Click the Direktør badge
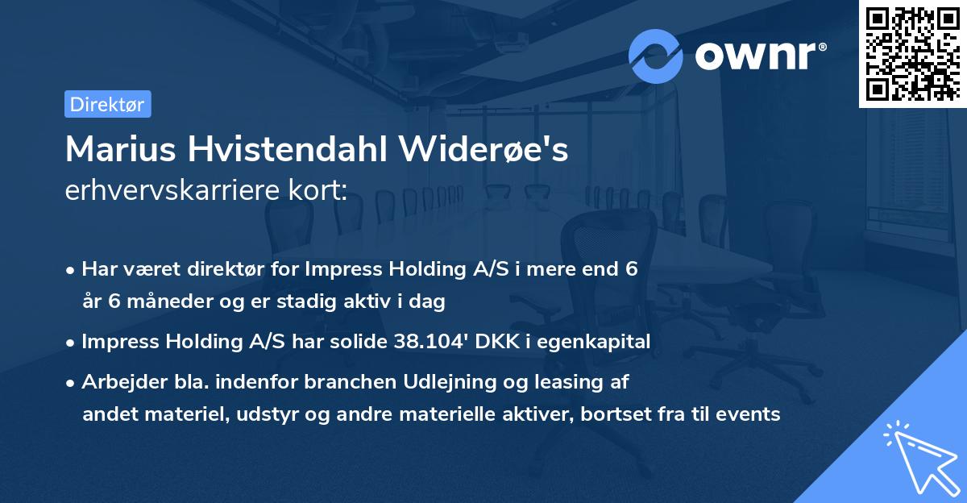(108, 104)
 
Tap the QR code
(912, 54)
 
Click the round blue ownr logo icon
(655, 56)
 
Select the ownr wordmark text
(760, 56)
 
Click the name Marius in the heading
(120, 149)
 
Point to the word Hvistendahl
(287, 149)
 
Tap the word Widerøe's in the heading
(483, 149)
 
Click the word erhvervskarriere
(172, 189)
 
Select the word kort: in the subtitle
(317, 189)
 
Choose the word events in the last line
(748, 414)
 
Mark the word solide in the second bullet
(359, 341)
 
